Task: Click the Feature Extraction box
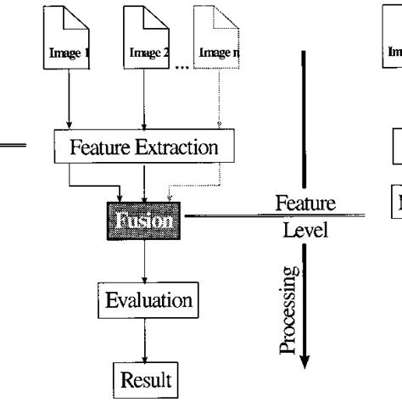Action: point(143,148)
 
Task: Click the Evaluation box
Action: point(148,299)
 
